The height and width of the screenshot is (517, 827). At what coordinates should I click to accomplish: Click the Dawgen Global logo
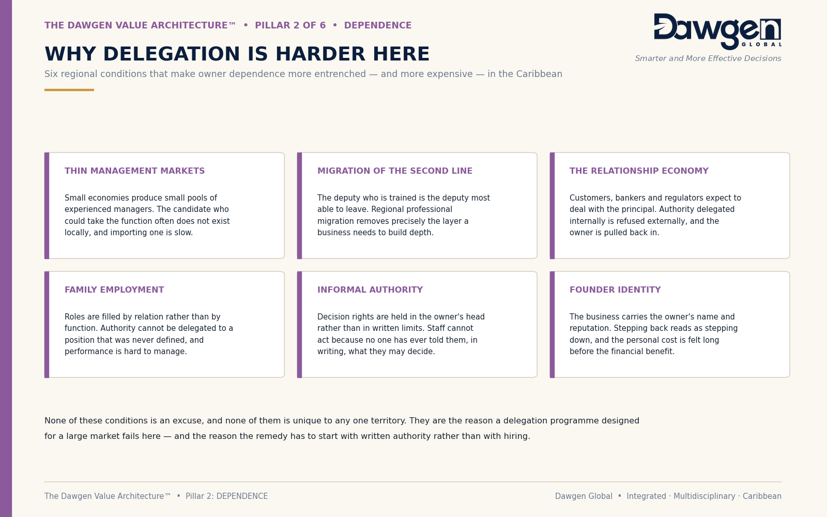(717, 32)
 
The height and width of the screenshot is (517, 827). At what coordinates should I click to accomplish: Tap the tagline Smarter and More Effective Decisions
(708, 59)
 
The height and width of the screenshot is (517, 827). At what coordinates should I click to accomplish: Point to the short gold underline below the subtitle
(69, 90)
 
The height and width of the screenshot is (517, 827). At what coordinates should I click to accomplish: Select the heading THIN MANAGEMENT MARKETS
(134, 171)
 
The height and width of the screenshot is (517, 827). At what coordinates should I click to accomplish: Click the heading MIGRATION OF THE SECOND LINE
(395, 171)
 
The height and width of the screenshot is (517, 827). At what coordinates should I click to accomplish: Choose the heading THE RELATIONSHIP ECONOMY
(639, 171)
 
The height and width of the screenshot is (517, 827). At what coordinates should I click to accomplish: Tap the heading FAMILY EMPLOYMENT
(114, 290)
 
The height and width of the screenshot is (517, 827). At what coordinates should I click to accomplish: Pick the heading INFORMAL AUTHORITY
(370, 290)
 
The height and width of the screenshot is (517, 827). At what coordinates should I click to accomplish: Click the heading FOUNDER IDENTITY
(615, 290)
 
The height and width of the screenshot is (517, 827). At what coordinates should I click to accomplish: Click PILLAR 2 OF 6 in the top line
(290, 25)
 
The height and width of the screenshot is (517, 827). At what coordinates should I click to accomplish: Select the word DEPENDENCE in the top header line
(378, 25)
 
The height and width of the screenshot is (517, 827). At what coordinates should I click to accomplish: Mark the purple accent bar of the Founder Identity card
(552, 325)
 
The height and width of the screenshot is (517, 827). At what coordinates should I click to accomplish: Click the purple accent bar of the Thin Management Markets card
(47, 206)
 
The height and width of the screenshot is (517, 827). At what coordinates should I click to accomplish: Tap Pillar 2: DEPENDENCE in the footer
(226, 496)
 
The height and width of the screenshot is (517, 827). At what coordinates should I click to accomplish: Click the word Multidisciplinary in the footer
(704, 496)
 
